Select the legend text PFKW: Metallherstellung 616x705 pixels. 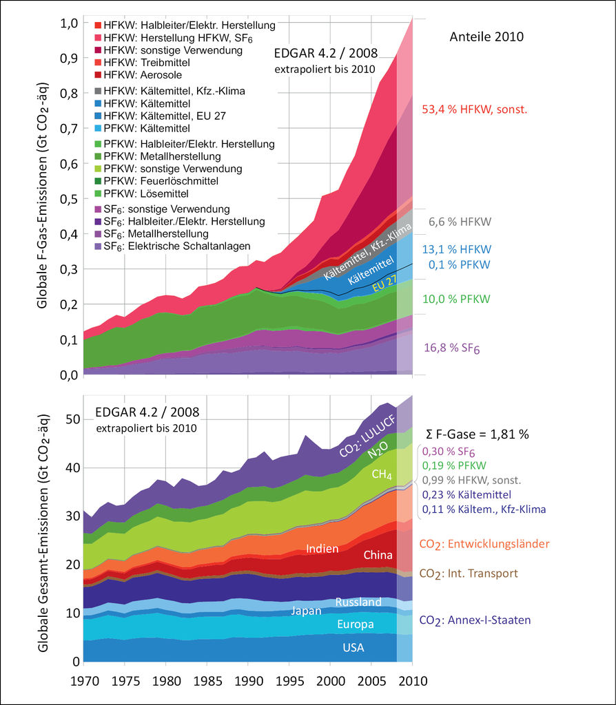pyautogui.click(x=167, y=156)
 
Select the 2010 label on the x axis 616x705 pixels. pyautogui.click(x=413, y=681)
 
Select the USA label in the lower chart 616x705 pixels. pyautogui.click(x=353, y=648)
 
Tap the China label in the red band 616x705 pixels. pyautogui.click(x=378, y=555)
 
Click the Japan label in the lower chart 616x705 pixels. pyautogui.click(x=306, y=611)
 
